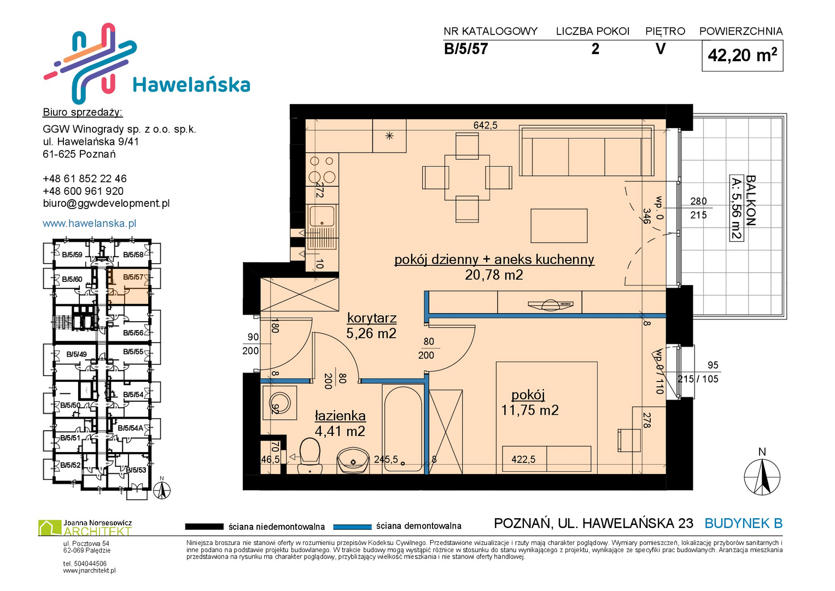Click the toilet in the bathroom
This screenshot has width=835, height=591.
click(x=310, y=456)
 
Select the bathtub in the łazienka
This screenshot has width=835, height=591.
click(x=403, y=430)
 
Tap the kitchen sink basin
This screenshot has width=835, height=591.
click(x=322, y=216)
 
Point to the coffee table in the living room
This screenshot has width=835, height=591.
click(x=559, y=225)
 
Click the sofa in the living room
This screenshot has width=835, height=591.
click(x=587, y=150)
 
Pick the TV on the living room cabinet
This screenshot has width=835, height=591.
click(x=550, y=305)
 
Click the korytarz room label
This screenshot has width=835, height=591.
click(x=372, y=318)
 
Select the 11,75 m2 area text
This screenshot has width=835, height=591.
click(x=530, y=410)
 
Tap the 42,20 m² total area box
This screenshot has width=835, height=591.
click(x=742, y=56)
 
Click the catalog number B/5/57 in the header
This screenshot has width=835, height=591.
click(x=465, y=49)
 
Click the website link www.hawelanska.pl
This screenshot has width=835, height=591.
click(x=90, y=223)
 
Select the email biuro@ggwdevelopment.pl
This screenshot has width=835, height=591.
click(x=106, y=204)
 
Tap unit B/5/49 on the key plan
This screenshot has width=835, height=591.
click(x=77, y=354)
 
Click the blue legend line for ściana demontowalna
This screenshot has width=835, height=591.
click(x=352, y=527)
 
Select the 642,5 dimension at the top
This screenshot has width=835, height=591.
click(x=486, y=125)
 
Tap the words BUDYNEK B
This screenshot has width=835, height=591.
click(x=743, y=524)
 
